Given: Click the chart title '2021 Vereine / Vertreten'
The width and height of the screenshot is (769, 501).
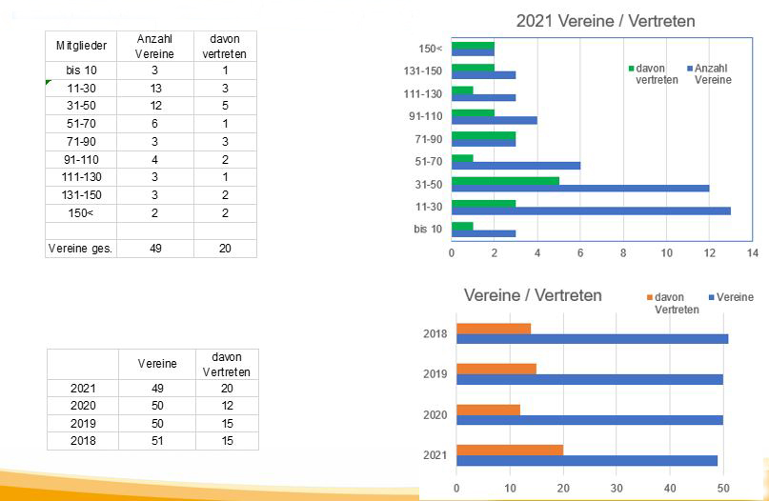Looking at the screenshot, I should tap(605, 21).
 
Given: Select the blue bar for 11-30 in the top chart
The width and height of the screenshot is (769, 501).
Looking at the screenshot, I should tap(591, 210).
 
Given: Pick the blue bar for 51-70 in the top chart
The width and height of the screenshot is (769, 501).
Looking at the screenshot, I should tap(516, 166).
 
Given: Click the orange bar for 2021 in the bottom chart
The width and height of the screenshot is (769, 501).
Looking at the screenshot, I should tap(510, 450).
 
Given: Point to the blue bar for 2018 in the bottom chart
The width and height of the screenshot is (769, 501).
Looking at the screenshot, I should tap(592, 338).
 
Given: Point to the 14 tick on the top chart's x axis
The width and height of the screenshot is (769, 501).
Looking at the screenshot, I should tap(752, 252).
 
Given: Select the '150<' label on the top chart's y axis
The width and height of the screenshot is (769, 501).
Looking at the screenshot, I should tap(430, 49).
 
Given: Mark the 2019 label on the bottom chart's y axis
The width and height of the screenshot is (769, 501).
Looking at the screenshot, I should tap(435, 373).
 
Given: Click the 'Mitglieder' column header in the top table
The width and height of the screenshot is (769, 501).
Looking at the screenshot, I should tap(81, 46).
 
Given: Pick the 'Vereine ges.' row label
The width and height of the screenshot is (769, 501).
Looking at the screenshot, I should tap(81, 249).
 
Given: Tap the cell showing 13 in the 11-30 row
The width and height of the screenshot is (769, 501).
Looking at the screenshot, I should tap(154, 88).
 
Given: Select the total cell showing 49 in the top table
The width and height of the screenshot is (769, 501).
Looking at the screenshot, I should tap(154, 249).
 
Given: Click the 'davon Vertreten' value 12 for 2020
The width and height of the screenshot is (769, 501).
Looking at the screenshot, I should tap(226, 406).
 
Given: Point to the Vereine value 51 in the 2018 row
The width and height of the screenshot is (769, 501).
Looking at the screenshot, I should tap(156, 441).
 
